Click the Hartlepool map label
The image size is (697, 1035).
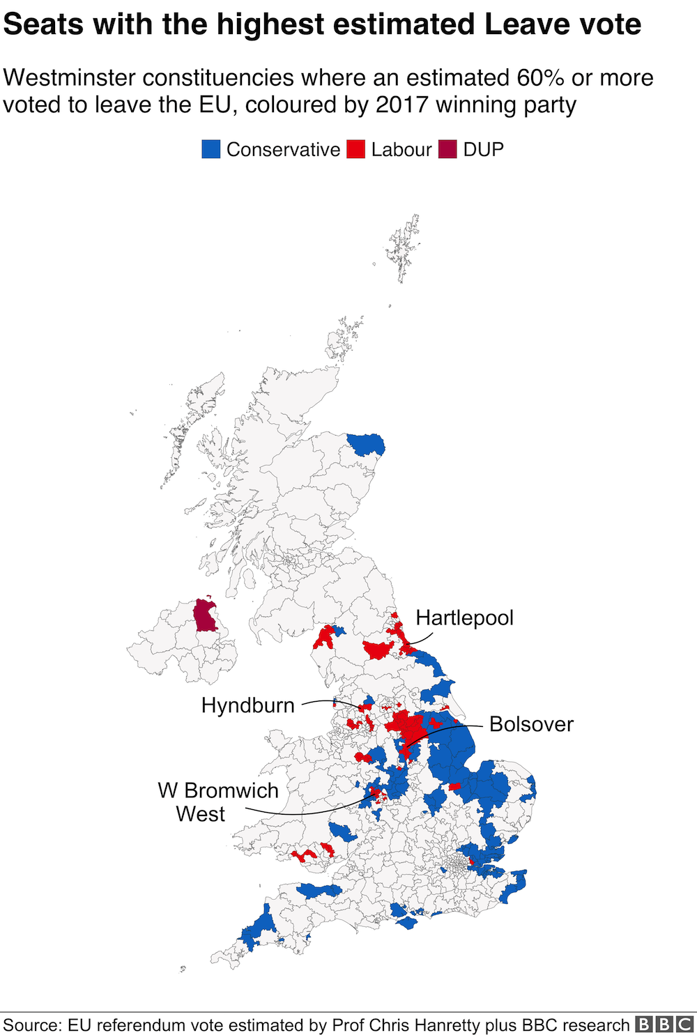(x=464, y=618)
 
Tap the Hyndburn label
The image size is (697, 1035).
(x=247, y=705)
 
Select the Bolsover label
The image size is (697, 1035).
(x=531, y=724)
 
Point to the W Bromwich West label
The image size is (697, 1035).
(x=217, y=802)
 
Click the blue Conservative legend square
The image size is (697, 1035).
(x=211, y=149)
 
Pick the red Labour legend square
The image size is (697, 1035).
(x=356, y=149)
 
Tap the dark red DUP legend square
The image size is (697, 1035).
(x=448, y=149)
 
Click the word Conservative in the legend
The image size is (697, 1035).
(x=283, y=150)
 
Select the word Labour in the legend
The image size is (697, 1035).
(x=401, y=150)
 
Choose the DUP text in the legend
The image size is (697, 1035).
(x=483, y=150)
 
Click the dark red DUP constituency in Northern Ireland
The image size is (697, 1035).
(x=205, y=615)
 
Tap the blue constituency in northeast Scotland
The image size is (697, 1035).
(x=366, y=444)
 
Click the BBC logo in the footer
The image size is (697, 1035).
(x=664, y=1025)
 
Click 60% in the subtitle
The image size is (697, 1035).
(x=540, y=77)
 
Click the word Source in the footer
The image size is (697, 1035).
(x=31, y=1025)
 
